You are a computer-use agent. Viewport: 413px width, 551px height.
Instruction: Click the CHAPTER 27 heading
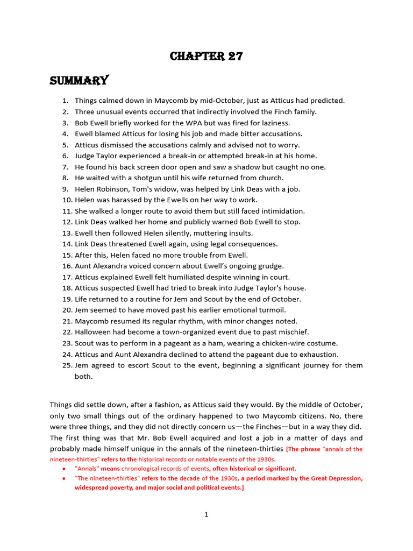[206, 56]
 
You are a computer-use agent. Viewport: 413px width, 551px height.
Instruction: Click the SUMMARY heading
[79, 81]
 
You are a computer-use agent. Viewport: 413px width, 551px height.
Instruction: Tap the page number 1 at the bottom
[206, 514]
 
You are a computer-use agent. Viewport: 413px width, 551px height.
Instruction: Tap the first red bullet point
[65, 469]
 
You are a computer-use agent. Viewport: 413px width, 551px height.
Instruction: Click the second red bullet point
[65, 478]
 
